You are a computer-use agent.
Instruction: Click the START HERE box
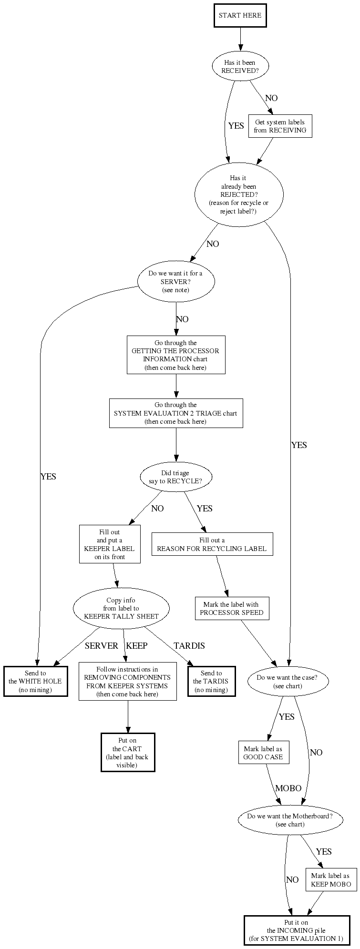tap(240, 16)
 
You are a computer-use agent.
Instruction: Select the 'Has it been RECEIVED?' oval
tap(240, 67)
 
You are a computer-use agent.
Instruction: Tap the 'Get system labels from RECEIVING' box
tap(280, 126)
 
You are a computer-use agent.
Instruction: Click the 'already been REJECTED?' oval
tap(239, 194)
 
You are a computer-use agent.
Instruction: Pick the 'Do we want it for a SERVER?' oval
tap(175, 282)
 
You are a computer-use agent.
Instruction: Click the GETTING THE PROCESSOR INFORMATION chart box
tap(175, 355)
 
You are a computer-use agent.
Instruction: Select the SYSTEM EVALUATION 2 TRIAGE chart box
tap(175, 413)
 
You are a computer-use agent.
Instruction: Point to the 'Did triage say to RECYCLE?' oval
tap(175, 477)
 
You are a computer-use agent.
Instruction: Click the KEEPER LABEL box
tap(109, 544)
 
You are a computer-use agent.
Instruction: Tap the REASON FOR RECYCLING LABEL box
tap(212, 544)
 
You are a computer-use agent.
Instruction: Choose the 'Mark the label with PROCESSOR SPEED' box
tap(232, 609)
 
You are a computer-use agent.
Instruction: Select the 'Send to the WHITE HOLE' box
tap(35, 682)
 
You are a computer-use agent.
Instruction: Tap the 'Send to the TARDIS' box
tap(211, 682)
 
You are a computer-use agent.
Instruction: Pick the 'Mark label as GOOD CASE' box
tap(263, 753)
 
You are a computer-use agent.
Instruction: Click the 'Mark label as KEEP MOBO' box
tap(330, 880)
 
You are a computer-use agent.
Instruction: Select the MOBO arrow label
tap(288, 788)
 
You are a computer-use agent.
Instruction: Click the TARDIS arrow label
tap(189, 646)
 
